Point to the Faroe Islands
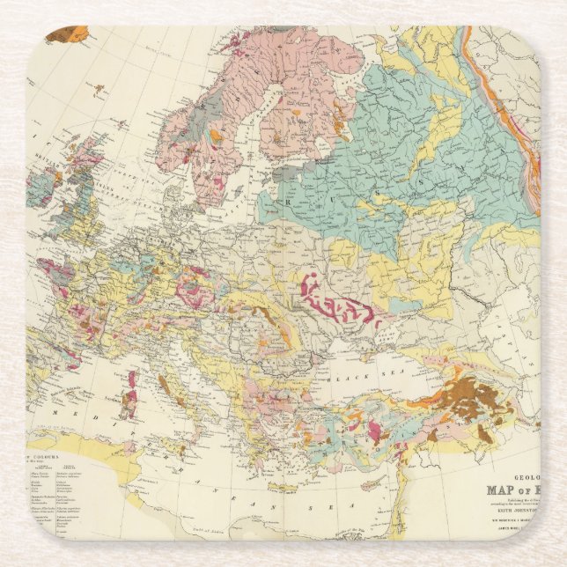coord(99,89)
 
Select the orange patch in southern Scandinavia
coord(216,136)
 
